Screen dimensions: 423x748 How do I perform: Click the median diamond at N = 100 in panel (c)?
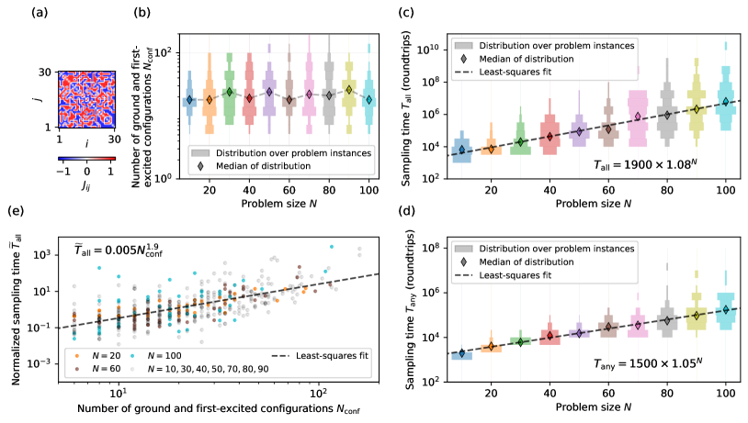(x=725, y=102)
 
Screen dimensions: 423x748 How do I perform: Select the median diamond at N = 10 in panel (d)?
(x=462, y=353)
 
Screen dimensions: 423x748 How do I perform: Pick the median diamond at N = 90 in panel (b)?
(x=349, y=90)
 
